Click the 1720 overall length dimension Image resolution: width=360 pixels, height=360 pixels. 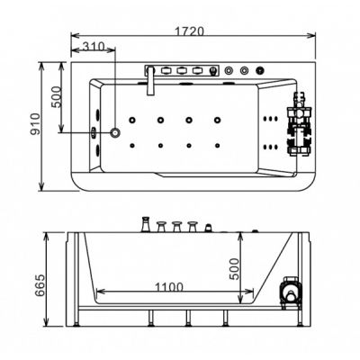[x=190, y=31]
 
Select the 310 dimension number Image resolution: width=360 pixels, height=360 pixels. [x=93, y=46]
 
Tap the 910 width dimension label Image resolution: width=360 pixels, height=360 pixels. [x=36, y=124]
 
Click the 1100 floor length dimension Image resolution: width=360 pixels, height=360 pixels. [x=169, y=287]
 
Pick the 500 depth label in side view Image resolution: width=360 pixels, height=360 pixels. [x=235, y=269]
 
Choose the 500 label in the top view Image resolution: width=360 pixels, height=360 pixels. [x=56, y=97]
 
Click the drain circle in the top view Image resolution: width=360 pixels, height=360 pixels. [x=115, y=132]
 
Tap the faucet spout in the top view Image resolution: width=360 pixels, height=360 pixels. [x=150, y=81]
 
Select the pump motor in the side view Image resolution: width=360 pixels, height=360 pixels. [x=291, y=292]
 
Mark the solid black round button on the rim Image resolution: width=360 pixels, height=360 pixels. [x=260, y=71]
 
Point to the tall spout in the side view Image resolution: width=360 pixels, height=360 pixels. [x=146, y=225]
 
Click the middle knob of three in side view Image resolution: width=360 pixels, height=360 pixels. [x=176, y=227]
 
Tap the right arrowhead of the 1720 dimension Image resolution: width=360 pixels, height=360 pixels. [x=312, y=35]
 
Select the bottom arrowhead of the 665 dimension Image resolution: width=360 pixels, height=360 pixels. [x=46, y=322]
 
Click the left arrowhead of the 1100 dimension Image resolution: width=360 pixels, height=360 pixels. [x=100, y=292]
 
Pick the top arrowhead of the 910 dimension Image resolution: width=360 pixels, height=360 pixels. [x=42, y=66]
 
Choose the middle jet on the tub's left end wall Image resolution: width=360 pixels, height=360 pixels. [x=94, y=132]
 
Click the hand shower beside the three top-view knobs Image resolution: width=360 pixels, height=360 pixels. [x=213, y=71]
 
